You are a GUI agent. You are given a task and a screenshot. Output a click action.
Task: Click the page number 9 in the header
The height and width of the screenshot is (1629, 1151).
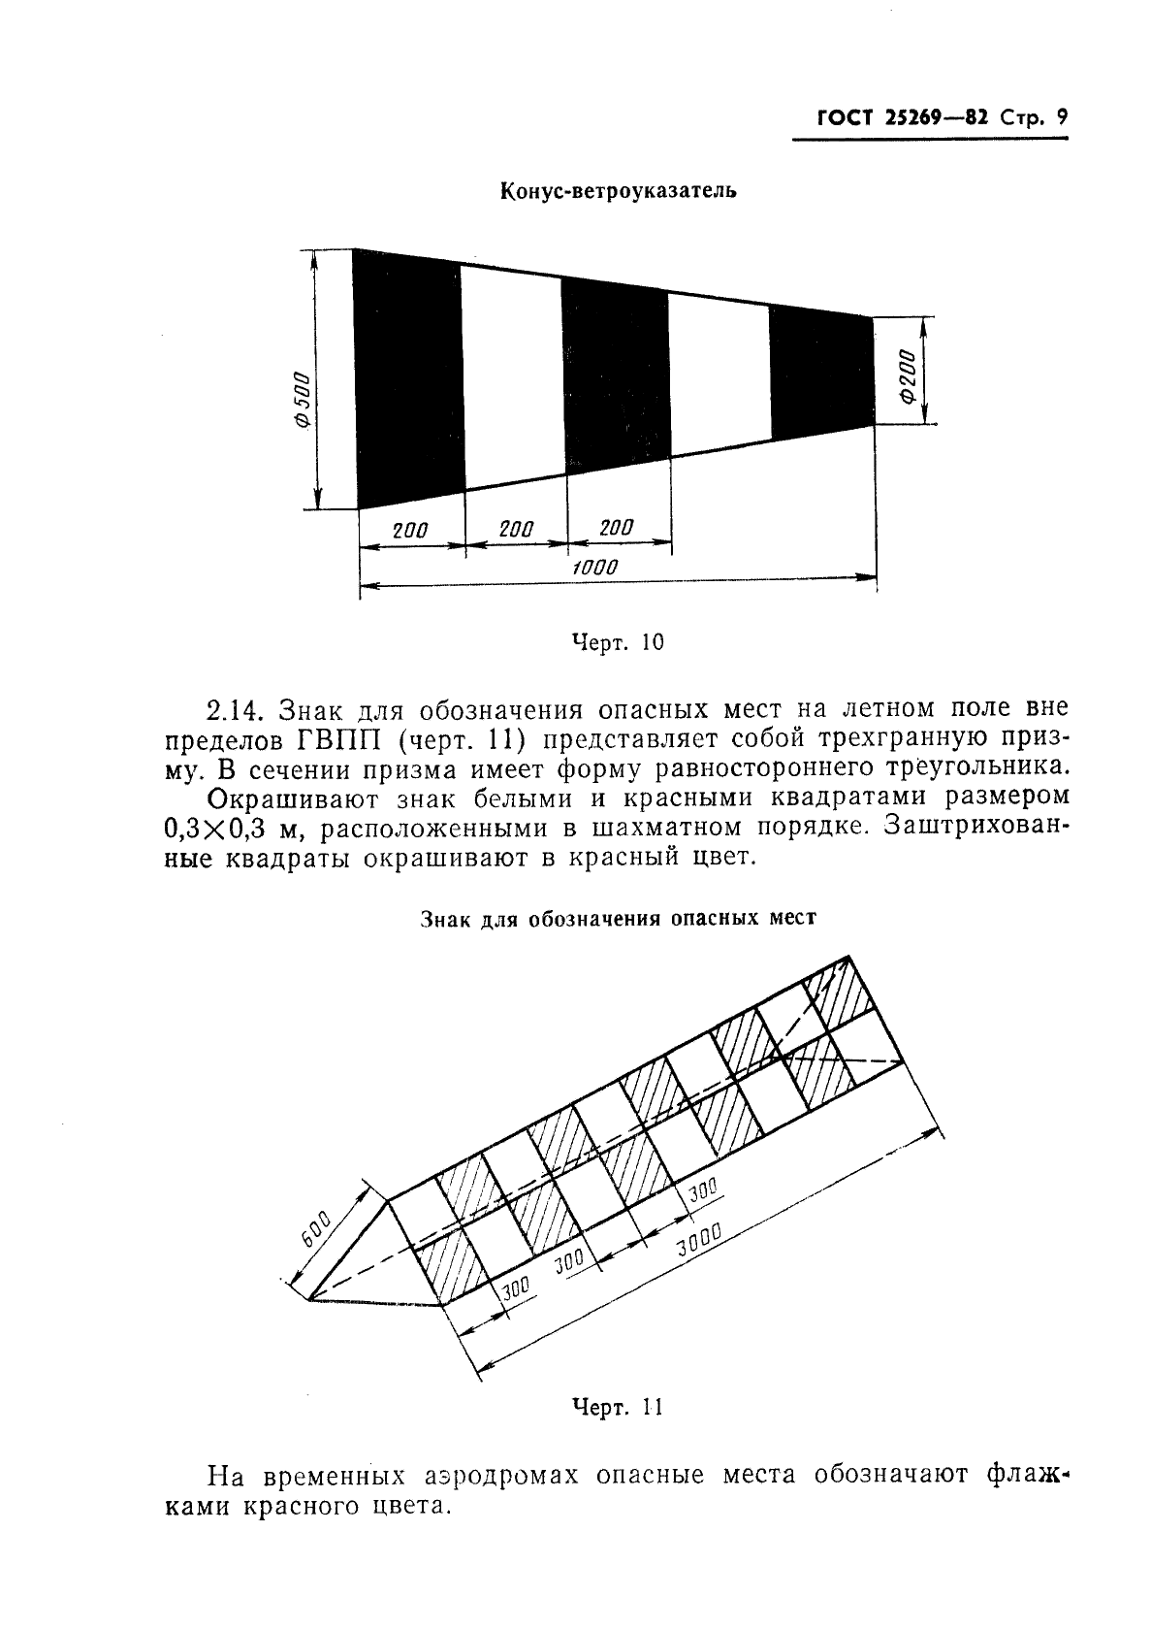(x=1061, y=118)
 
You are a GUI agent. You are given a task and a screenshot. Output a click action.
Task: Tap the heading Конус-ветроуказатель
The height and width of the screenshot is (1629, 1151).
(x=618, y=191)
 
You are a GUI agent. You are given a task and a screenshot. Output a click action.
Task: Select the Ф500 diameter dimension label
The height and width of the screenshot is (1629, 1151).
(x=302, y=400)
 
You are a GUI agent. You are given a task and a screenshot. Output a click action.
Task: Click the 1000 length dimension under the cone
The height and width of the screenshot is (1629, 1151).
(x=593, y=568)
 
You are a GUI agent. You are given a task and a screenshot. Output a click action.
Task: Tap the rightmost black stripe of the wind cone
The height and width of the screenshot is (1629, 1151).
(x=820, y=373)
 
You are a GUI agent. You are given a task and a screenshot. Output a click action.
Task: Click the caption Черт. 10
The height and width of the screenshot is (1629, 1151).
(x=618, y=641)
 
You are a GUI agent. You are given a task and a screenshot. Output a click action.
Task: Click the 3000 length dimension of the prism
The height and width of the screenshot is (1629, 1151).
(x=699, y=1240)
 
